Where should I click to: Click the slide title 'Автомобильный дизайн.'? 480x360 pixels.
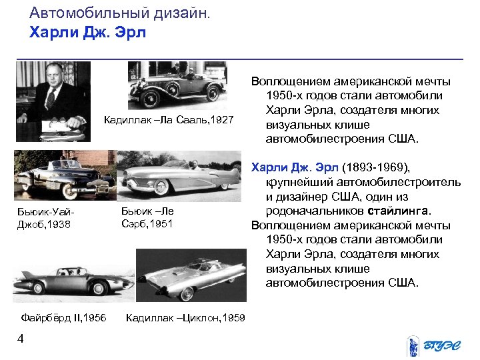coord(120,13)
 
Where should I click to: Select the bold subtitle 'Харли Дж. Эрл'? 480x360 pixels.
coord(87,32)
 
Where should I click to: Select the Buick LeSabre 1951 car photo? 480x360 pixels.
coord(182,175)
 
